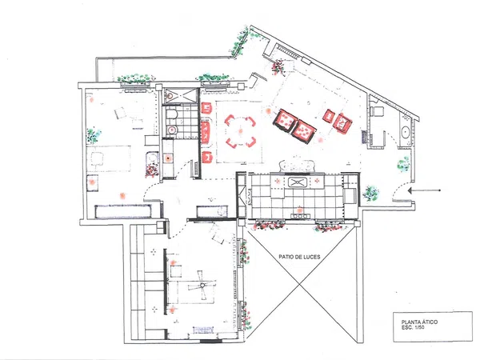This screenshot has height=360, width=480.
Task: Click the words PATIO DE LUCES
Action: tap(299, 257)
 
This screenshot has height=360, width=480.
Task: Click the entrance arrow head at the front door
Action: tap(410, 190)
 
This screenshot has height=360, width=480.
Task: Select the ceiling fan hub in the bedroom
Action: tap(202, 286)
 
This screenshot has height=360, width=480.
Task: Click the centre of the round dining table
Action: tap(241, 131)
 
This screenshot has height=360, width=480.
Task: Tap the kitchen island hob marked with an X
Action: tap(298, 182)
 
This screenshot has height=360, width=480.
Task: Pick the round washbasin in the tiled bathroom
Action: tap(172, 130)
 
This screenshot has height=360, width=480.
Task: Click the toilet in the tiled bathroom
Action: tap(172, 114)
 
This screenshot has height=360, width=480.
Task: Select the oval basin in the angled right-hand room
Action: tap(406, 133)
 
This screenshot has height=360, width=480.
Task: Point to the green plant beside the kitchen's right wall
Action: tap(370, 194)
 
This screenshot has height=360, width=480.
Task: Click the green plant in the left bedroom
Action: tap(94, 136)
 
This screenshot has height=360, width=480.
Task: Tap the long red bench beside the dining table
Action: tap(206, 132)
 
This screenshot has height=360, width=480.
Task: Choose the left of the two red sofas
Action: tap(285, 120)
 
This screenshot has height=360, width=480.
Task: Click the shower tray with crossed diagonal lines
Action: tap(180, 95)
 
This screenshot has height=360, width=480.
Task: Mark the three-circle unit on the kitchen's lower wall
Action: tap(300, 216)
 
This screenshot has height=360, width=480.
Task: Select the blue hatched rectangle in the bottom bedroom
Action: tap(203, 330)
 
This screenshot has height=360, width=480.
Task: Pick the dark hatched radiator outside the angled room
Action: tap(364, 137)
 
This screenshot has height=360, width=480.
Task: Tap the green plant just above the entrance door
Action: tap(403, 164)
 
